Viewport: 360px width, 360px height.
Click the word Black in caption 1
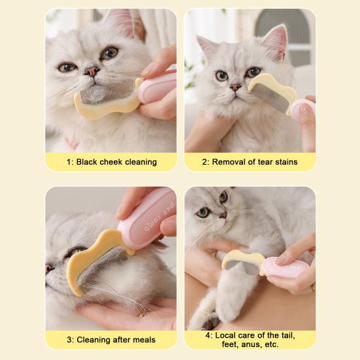click(86, 162)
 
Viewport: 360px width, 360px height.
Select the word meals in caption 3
click(144, 340)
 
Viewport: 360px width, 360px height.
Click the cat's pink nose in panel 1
click(92, 71)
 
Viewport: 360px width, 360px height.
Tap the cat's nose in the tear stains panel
click(235, 87)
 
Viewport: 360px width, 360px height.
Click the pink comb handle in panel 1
click(157, 88)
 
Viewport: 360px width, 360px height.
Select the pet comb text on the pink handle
click(159, 217)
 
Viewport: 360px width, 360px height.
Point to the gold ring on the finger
click(312, 287)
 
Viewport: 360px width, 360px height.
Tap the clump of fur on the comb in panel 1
click(97, 95)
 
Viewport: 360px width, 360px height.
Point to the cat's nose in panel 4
click(223, 215)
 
